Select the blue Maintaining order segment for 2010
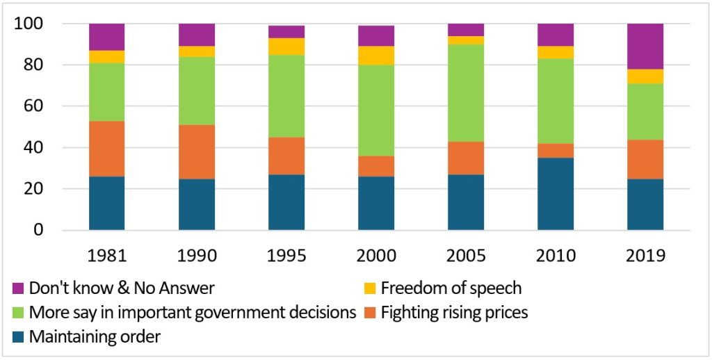[555, 194]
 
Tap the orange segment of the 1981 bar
[107, 149]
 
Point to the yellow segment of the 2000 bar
[376, 56]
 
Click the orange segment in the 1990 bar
[197, 152]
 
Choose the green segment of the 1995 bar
[286, 96]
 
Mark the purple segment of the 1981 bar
[107, 37]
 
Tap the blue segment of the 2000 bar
[376, 203]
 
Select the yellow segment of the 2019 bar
[645, 76]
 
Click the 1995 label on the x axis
[286, 254]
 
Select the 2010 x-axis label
[555, 254]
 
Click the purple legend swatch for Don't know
[18, 288]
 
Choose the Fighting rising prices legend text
[455, 313]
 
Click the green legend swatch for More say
[18, 313]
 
